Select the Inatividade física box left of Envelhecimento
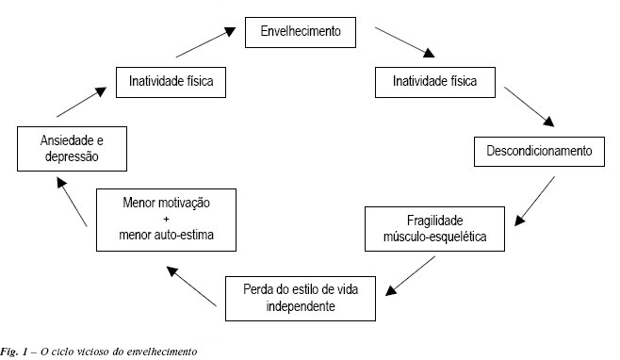pyautogui.click(x=171, y=82)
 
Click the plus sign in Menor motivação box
pyautogui.click(x=165, y=218)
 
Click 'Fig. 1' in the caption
pyautogui.click(x=15, y=352)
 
